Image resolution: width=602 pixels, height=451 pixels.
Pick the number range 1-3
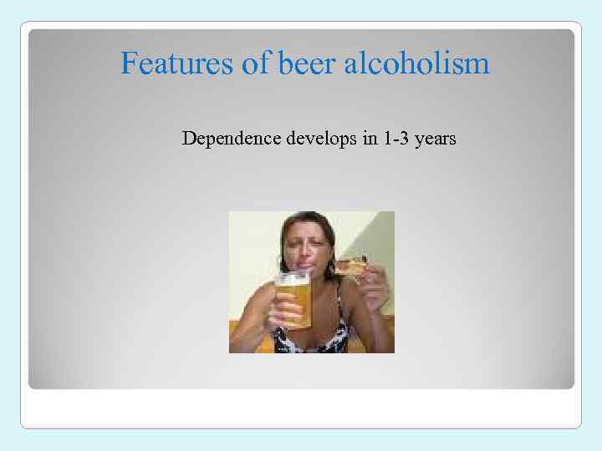click(x=396, y=139)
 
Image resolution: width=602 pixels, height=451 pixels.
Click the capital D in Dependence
click(x=188, y=139)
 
